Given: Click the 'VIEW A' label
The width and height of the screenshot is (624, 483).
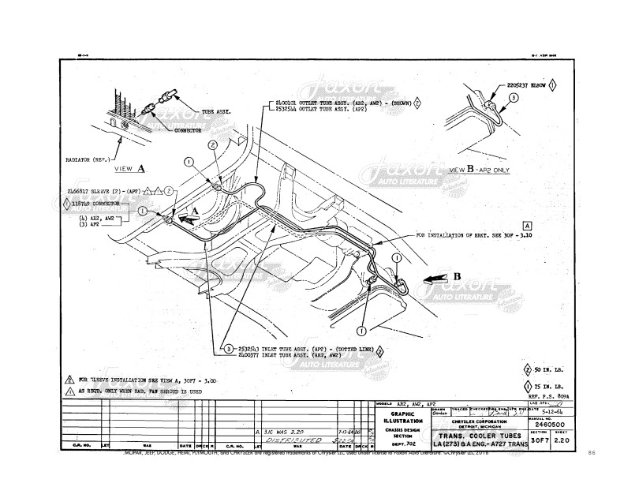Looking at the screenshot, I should (x=129, y=169).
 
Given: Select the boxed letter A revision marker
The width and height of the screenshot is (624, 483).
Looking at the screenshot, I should (x=526, y=225).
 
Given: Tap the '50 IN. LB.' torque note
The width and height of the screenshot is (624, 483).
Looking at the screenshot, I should (x=548, y=369).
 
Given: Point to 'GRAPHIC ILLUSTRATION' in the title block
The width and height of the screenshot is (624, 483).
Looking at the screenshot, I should (x=404, y=417).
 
